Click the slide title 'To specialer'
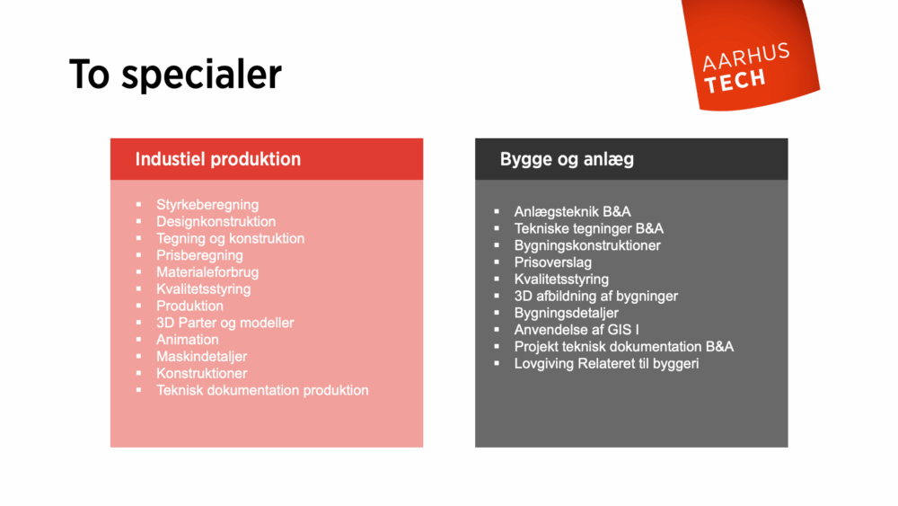click(x=175, y=75)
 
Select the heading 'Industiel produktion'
click(x=217, y=159)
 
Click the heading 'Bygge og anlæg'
click(x=567, y=159)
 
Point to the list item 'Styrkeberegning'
click(x=207, y=205)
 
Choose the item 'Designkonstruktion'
click(x=216, y=222)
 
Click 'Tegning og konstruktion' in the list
click(x=230, y=238)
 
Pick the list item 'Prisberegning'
click(x=199, y=255)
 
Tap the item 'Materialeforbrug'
click(x=207, y=272)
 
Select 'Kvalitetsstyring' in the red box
click(x=203, y=289)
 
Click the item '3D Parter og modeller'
click(x=224, y=323)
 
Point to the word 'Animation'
click(x=187, y=340)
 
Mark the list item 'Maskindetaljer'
click(x=201, y=357)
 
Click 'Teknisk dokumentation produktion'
click(x=262, y=390)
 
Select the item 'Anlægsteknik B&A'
click(x=572, y=212)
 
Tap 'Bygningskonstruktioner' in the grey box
click(x=587, y=245)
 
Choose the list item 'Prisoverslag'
click(x=553, y=262)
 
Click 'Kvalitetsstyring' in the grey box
click(x=561, y=280)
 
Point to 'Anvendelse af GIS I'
click(x=577, y=330)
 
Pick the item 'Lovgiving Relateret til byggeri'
click(x=606, y=364)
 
